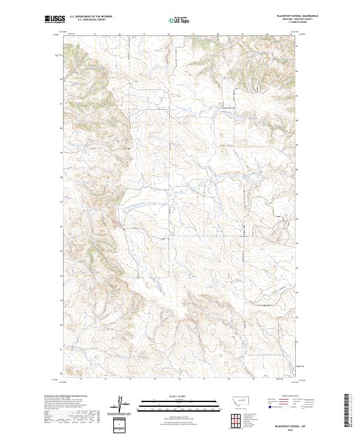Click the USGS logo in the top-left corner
pos(55,20)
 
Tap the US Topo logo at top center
pos(179,20)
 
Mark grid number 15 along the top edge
pos(144,34)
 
